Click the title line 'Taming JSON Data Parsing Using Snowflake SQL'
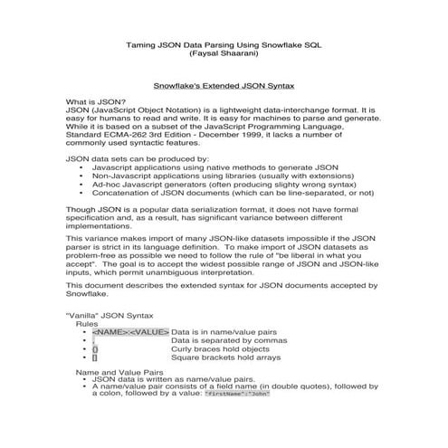pos(223,43)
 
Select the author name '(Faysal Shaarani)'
pos(223,53)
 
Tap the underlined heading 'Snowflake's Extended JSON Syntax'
pos(223,81)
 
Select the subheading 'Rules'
pos(87,322)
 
